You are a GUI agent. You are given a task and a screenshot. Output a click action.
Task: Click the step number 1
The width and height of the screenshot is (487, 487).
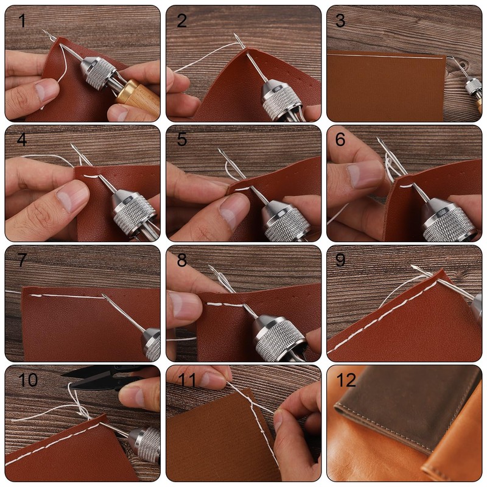click(x=22, y=21)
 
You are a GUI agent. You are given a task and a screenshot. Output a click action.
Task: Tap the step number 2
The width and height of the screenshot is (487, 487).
click(x=182, y=21)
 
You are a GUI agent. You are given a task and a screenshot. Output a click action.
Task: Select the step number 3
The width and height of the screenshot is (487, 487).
click(x=340, y=21)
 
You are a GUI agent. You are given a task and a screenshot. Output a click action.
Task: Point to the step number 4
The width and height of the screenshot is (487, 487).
click(x=22, y=140)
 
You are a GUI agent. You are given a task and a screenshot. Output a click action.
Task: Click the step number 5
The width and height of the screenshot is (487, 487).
click(x=182, y=140)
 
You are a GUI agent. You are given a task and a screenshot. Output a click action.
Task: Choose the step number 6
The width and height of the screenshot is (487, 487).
click(x=340, y=140)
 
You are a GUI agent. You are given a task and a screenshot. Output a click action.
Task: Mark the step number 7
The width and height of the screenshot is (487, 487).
click(x=22, y=260)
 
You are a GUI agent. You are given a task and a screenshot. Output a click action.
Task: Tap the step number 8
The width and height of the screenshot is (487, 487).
click(x=182, y=260)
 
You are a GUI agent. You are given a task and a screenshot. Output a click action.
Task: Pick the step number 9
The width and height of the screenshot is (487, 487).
click(x=340, y=260)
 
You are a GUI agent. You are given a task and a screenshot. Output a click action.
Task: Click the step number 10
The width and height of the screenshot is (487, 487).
click(x=28, y=380)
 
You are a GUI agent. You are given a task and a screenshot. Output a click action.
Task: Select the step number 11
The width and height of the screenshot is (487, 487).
click(x=187, y=380)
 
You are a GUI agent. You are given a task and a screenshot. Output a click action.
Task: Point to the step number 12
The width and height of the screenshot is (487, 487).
click(x=346, y=380)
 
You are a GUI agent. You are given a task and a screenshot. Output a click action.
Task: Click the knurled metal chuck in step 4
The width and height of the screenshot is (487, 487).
click(x=134, y=211)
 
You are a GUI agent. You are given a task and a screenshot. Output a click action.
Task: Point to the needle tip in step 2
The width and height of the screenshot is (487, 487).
click(x=234, y=34)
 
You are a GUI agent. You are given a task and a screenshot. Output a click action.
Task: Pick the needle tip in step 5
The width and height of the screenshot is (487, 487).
click(x=219, y=150)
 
